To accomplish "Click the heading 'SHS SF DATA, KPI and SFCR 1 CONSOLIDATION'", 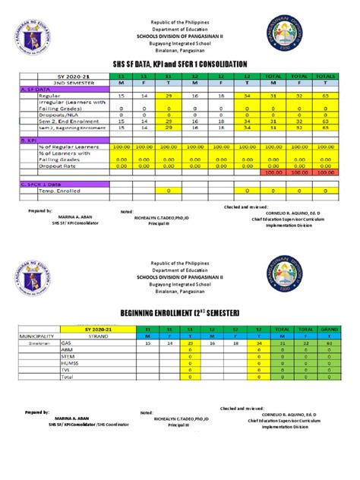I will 179,63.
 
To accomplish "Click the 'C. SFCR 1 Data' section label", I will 43,183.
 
